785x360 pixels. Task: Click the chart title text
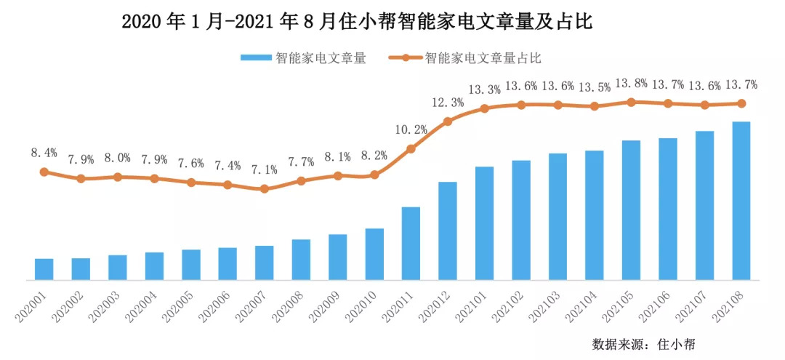pos(357,22)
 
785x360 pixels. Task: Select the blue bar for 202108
pos(741,200)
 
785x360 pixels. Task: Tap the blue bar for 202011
pos(411,243)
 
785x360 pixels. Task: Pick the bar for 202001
pos(44,268)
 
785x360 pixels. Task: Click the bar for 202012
pos(448,231)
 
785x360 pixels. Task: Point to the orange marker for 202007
pos(264,189)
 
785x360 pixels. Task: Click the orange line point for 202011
pos(411,149)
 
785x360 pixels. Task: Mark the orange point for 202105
pos(631,102)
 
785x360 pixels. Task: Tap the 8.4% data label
pos(44,153)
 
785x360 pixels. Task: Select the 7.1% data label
pos(264,169)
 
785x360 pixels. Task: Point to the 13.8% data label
pos(631,83)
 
